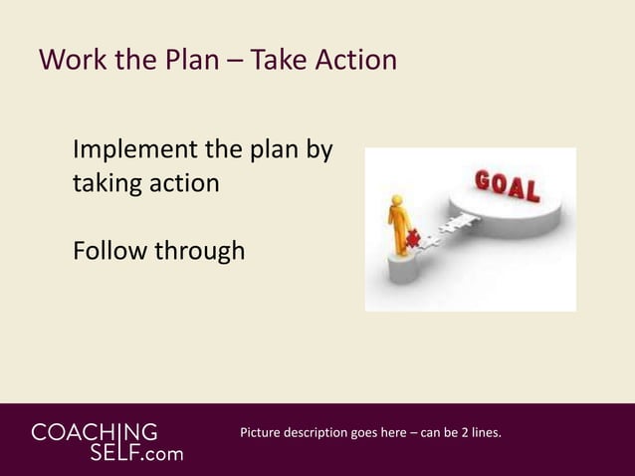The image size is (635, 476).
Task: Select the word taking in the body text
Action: pyautogui.click(x=106, y=185)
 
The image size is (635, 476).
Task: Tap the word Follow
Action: pyautogui.click(x=108, y=251)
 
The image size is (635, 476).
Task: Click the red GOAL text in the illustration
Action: pyautogui.click(x=508, y=187)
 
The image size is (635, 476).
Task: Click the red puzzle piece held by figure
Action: pyautogui.click(x=411, y=240)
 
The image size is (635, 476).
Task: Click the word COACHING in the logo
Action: pyautogui.click(x=95, y=433)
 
